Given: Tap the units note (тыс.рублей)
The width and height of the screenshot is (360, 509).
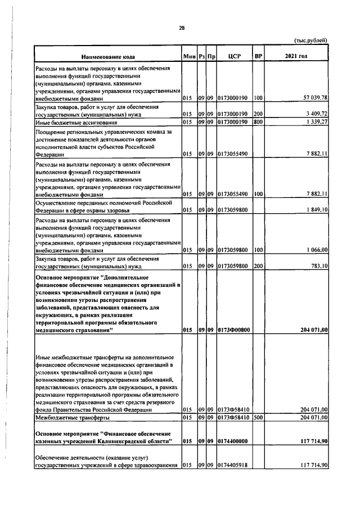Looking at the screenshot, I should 310,40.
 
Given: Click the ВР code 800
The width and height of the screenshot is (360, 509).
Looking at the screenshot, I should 258,121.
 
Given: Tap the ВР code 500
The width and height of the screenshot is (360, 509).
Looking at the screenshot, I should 258,418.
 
